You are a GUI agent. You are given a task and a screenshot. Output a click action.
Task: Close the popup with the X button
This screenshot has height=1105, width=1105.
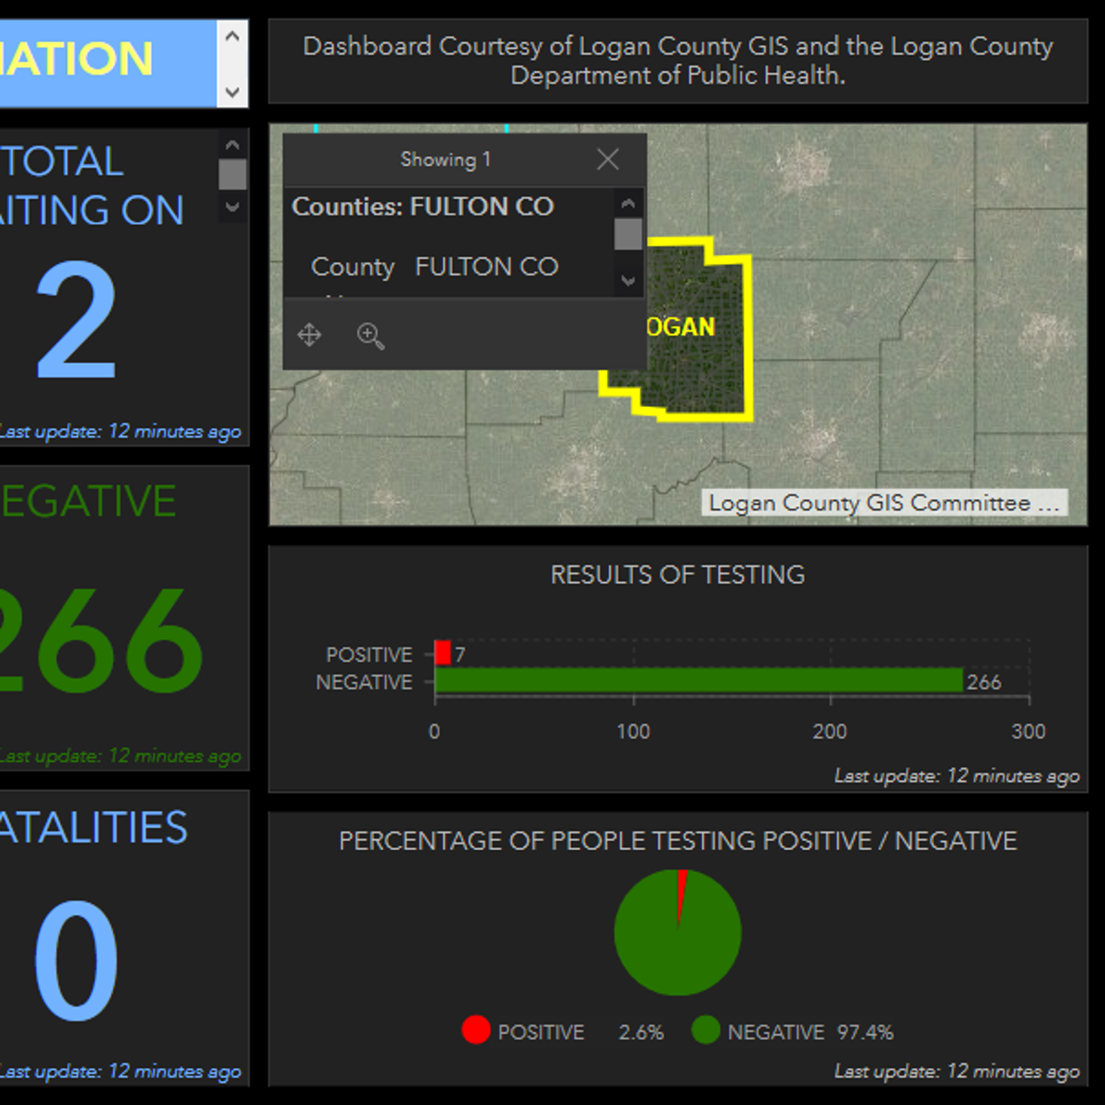coord(608,159)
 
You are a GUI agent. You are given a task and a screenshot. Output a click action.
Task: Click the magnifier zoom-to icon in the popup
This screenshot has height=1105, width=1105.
coord(370,335)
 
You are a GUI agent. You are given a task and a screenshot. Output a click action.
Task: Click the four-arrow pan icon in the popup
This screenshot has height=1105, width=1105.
coord(309,334)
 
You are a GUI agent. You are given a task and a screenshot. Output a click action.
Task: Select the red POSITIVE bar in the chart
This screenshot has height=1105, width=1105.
coord(443,653)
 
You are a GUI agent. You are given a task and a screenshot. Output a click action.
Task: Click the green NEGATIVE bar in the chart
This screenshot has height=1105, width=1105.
coord(698,680)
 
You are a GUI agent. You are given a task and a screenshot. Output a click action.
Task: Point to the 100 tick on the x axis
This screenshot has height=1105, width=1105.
coord(634,731)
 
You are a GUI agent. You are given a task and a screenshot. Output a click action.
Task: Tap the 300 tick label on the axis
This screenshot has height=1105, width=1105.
coord(1028,731)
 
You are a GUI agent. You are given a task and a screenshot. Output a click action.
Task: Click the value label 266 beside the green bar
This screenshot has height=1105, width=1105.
coord(983,682)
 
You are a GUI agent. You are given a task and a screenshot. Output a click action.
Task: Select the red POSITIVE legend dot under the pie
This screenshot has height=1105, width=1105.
coord(476,1029)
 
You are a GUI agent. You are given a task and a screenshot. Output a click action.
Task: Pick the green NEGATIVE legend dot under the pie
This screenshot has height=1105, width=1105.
coord(705,1029)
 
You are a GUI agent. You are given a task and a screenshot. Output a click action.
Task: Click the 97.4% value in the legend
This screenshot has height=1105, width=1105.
coord(865,1032)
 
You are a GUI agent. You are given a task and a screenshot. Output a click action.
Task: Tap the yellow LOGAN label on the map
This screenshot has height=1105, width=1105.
coord(680,327)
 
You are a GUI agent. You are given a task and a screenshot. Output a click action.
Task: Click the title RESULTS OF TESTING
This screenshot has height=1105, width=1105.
coord(677,575)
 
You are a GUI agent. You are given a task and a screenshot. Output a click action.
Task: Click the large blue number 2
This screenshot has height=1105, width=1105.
coord(76,320)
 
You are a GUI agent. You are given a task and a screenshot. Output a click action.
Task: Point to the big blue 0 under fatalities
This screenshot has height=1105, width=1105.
coord(76,960)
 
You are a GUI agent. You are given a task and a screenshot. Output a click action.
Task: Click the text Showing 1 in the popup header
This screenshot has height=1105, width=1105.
coord(446,159)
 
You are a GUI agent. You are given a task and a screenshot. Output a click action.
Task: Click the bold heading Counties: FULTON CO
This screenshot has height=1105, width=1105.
coord(423,206)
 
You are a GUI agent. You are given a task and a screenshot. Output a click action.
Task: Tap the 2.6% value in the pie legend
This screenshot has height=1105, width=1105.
coord(641,1032)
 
